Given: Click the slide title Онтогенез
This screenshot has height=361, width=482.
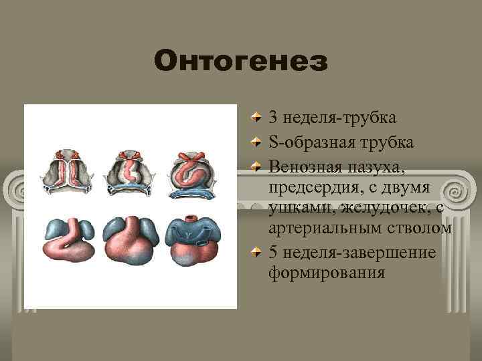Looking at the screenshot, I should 241,62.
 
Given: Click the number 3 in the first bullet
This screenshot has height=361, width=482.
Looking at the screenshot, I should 273,118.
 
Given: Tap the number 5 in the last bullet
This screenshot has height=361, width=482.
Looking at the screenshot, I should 273,253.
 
